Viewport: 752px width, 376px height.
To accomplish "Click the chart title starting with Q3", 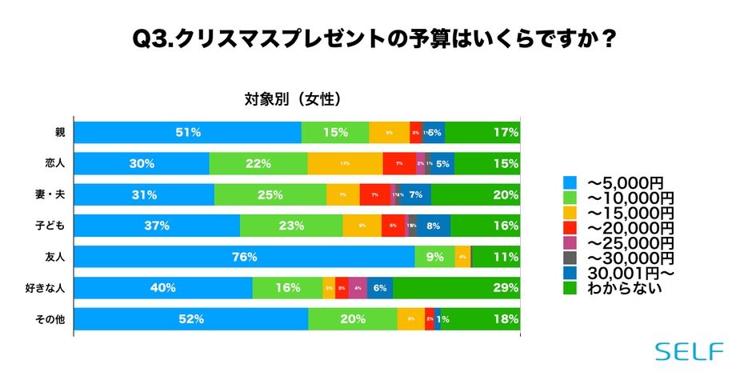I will pyautogui.click(x=375, y=38).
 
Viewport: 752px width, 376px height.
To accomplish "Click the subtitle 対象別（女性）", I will pyautogui.click(x=293, y=99).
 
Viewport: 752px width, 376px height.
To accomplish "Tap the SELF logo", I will pyautogui.click(x=689, y=351).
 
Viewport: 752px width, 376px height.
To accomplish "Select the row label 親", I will pyautogui.click(x=60, y=133).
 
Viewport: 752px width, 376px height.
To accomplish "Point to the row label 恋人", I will pyautogui.click(x=55, y=163).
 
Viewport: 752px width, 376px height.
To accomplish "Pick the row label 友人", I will pyautogui.click(x=55, y=257).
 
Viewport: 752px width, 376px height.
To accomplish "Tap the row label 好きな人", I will pyautogui.click(x=49, y=288).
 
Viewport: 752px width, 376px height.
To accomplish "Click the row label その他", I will pyautogui.click(x=52, y=318).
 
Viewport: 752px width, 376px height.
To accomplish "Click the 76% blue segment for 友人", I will pyautogui.click(x=244, y=257).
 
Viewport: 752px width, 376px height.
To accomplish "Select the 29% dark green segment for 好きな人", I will pyautogui.click(x=456, y=288).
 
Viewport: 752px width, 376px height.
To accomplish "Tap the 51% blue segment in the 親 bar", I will pyautogui.click(x=187, y=133).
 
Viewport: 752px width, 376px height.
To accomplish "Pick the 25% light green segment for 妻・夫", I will pyautogui.click(x=270, y=194).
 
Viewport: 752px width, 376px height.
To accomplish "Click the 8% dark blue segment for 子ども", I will pyautogui.click(x=433, y=226).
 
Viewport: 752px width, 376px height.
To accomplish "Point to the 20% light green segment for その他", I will pyautogui.click(x=352, y=318).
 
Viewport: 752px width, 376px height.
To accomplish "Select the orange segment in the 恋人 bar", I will pyautogui.click(x=345, y=163).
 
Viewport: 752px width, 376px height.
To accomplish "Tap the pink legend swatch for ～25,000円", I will pyautogui.click(x=570, y=242).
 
